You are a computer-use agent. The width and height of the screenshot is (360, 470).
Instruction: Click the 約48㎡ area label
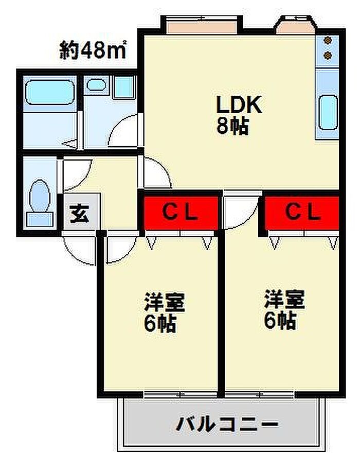(x=93, y=50)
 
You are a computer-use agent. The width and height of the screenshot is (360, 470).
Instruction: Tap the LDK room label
(x=239, y=106)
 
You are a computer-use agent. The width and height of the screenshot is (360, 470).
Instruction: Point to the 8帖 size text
(x=232, y=126)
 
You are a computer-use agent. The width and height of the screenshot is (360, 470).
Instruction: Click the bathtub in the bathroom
(x=49, y=93)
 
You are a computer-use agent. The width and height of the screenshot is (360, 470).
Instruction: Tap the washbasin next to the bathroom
(x=96, y=85)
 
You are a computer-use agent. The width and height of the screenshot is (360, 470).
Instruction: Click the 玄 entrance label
(x=80, y=212)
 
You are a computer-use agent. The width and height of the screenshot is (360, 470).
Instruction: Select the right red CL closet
(x=302, y=212)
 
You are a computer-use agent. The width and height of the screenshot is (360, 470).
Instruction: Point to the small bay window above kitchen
(x=295, y=25)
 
